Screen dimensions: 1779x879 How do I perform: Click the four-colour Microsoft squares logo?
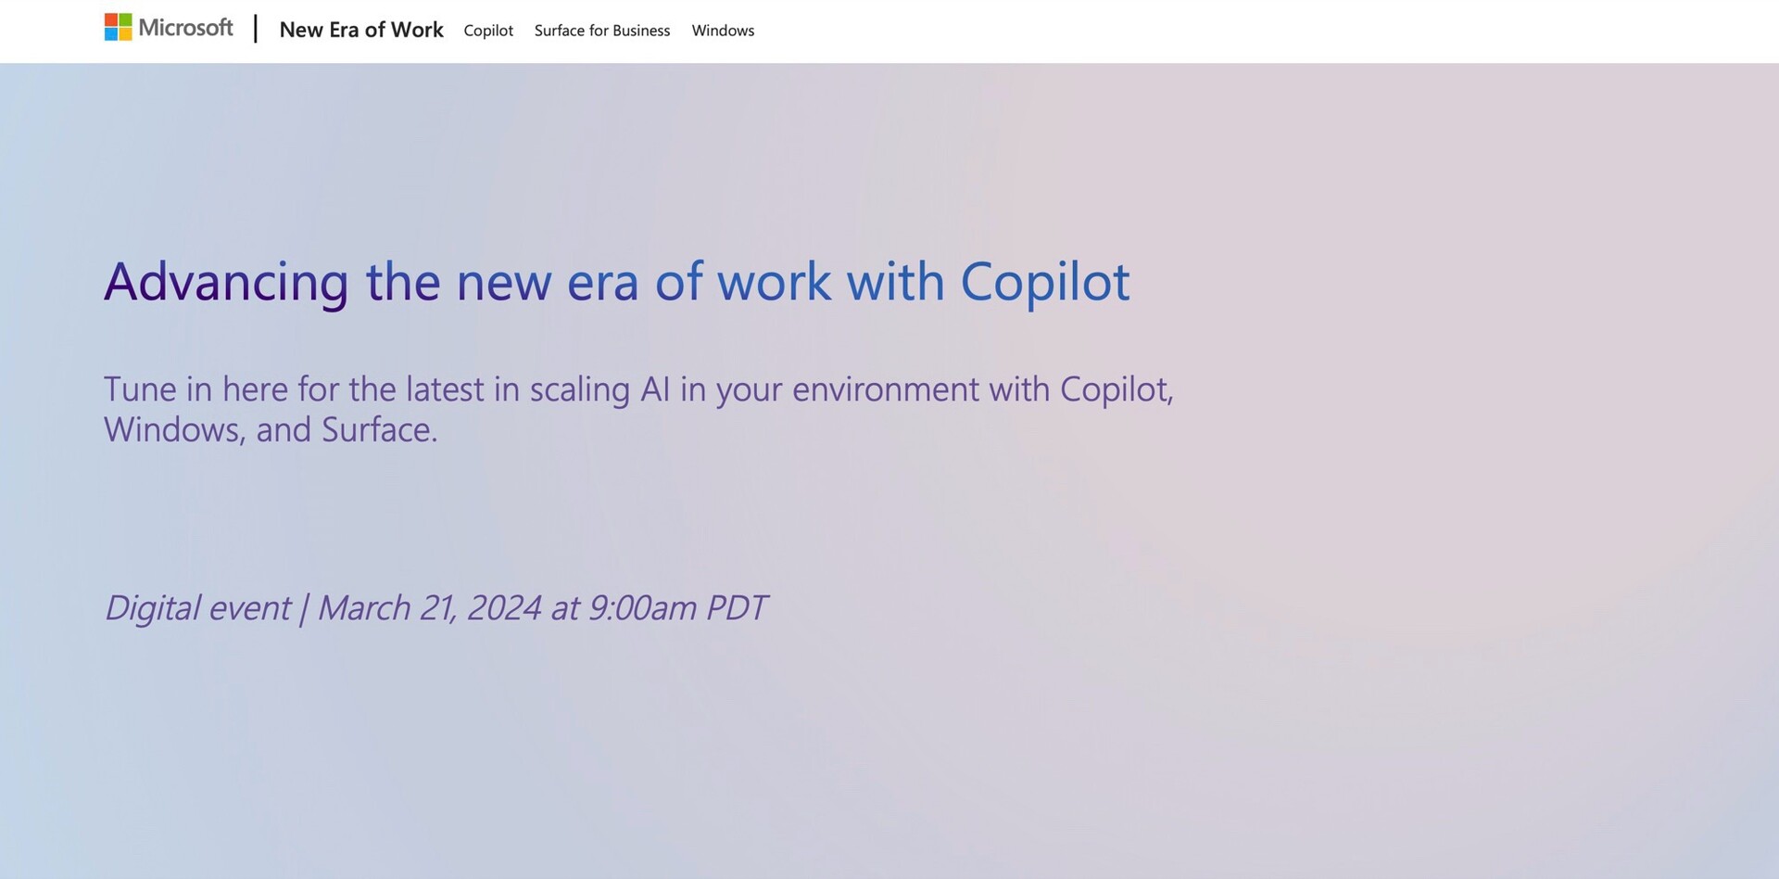click(x=118, y=27)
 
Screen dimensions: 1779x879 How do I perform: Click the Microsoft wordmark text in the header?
click(x=185, y=28)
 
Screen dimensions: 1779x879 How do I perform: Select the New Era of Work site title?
click(x=361, y=30)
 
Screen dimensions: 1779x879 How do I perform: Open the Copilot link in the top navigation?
click(x=488, y=31)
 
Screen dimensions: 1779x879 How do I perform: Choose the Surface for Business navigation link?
click(x=602, y=31)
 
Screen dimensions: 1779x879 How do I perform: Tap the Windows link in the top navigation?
click(x=723, y=31)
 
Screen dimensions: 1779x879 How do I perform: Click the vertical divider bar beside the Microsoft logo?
click(x=256, y=28)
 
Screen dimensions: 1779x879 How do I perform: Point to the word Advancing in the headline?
click(x=226, y=282)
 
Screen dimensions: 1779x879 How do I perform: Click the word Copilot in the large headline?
click(x=1045, y=282)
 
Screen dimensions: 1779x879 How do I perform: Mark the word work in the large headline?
click(x=774, y=282)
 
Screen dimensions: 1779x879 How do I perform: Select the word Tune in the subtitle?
click(x=140, y=389)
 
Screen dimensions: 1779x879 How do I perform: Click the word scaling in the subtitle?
click(x=580, y=390)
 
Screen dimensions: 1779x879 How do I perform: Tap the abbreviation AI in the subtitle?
click(x=655, y=389)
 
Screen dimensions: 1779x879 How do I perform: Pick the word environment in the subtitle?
click(x=885, y=389)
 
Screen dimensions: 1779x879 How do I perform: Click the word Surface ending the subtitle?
click(x=379, y=430)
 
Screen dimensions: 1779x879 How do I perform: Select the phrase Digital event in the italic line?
click(x=197, y=608)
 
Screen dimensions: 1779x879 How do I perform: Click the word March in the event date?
click(x=364, y=608)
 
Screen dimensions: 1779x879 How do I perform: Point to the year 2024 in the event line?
click(x=504, y=608)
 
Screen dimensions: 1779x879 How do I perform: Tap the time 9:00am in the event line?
click(x=642, y=608)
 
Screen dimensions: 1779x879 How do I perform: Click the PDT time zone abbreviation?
click(x=737, y=608)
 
